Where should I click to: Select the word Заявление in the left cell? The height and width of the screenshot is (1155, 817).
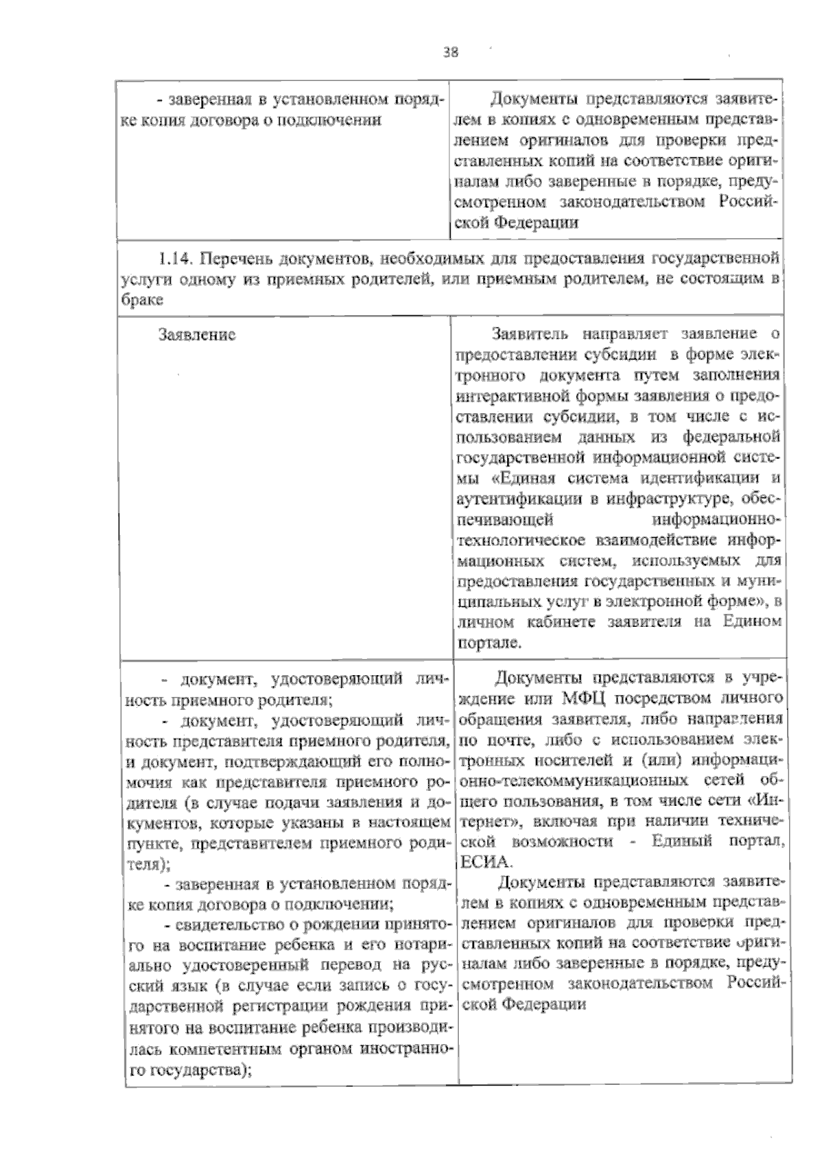197,335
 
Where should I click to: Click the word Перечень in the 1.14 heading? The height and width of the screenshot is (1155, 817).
229,259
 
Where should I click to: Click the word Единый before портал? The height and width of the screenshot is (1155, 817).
682,841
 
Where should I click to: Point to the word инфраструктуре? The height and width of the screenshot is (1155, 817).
670,500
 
